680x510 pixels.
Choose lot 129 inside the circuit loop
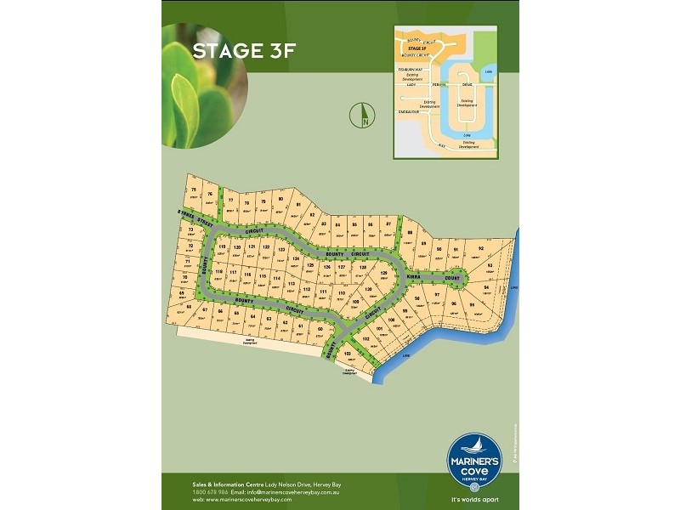382,274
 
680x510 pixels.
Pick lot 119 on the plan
223,248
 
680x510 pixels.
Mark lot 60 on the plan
320,329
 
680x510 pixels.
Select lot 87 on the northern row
388,225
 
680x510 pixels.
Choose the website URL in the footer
246,499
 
